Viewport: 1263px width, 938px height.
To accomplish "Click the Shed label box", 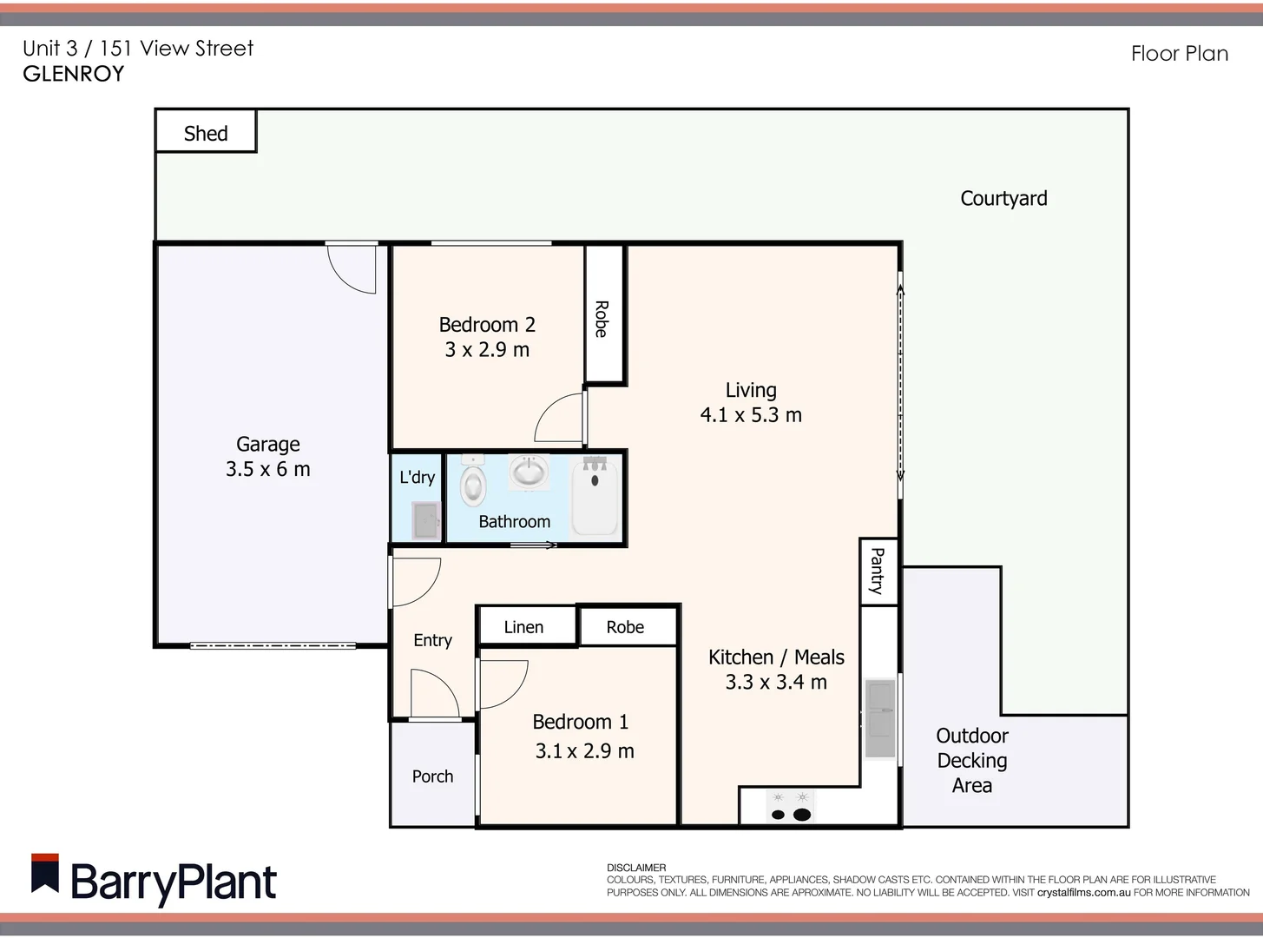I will point(206,132).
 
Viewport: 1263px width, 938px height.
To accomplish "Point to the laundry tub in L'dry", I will point(426,520).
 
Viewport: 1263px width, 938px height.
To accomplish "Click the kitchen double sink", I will point(880,719).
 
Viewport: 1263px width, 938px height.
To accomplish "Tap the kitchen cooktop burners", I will point(791,807).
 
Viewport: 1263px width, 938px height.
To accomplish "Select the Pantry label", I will point(878,571).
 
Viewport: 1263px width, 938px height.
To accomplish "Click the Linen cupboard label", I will point(523,627).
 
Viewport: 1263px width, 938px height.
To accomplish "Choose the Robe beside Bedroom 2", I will point(602,318).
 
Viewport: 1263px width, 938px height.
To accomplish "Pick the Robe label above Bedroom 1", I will point(625,627).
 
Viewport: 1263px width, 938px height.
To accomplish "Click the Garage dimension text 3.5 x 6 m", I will point(267,469).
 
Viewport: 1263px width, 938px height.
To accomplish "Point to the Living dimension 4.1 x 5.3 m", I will point(751,415).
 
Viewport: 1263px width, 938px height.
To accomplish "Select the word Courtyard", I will point(1003,198).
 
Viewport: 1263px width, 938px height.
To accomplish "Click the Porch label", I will point(432,776).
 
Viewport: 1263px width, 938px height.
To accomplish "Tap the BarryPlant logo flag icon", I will point(45,874).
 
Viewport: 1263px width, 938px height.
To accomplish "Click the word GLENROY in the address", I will point(74,74).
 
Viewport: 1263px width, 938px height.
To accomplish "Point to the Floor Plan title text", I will point(1179,54).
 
